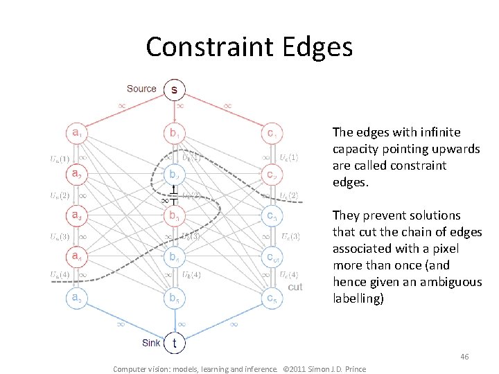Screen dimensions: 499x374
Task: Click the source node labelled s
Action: tap(174, 89)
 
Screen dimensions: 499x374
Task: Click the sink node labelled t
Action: tap(174, 342)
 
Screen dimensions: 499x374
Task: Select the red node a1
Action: tap(76, 132)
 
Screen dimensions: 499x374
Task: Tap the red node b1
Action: tap(174, 132)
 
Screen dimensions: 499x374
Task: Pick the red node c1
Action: tap(272, 132)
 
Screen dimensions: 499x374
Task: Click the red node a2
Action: tap(76, 174)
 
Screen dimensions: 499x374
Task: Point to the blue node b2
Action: tap(174, 174)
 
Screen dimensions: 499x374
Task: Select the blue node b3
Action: tap(174, 216)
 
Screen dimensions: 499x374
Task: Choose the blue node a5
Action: tap(76, 299)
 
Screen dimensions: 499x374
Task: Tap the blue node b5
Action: tap(174, 299)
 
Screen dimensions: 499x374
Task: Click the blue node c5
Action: tap(272, 299)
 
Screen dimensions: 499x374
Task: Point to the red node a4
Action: tap(76, 258)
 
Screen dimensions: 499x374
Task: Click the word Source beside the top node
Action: tap(141, 89)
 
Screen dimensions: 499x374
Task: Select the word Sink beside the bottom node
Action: tap(151, 342)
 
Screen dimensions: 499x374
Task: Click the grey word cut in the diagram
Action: tap(295, 287)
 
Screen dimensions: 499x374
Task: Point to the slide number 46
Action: tap(464, 357)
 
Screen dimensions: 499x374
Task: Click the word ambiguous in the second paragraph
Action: tap(450, 282)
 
